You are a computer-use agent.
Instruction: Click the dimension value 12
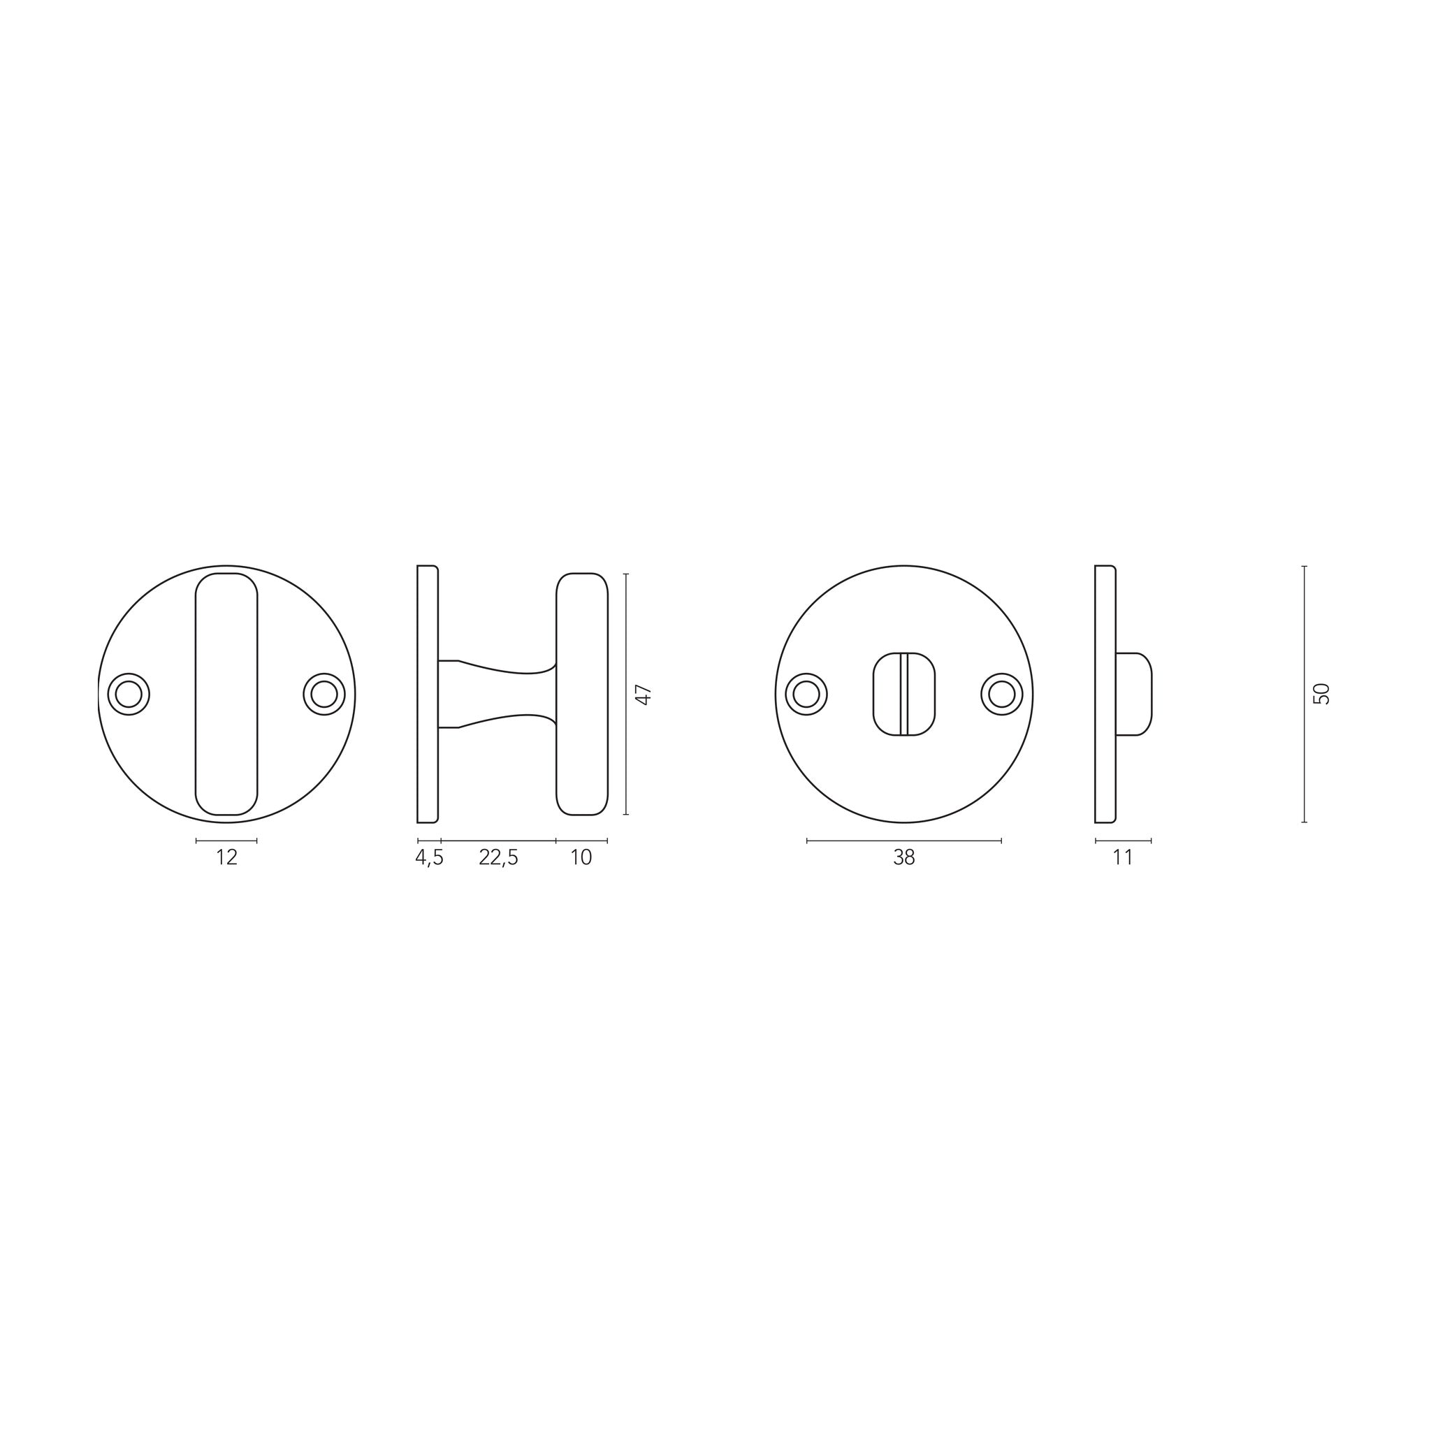click(226, 858)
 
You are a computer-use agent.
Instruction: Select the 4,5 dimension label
click(429, 858)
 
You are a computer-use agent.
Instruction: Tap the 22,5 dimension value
click(498, 858)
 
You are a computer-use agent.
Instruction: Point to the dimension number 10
click(581, 858)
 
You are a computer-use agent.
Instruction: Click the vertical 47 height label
click(644, 695)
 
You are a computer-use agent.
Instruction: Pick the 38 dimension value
click(904, 858)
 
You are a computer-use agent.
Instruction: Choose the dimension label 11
click(1123, 858)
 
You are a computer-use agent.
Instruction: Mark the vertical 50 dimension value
click(1322, 694)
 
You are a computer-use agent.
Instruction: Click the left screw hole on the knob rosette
click(129, 694)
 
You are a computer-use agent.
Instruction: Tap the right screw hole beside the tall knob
click(324, 694)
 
